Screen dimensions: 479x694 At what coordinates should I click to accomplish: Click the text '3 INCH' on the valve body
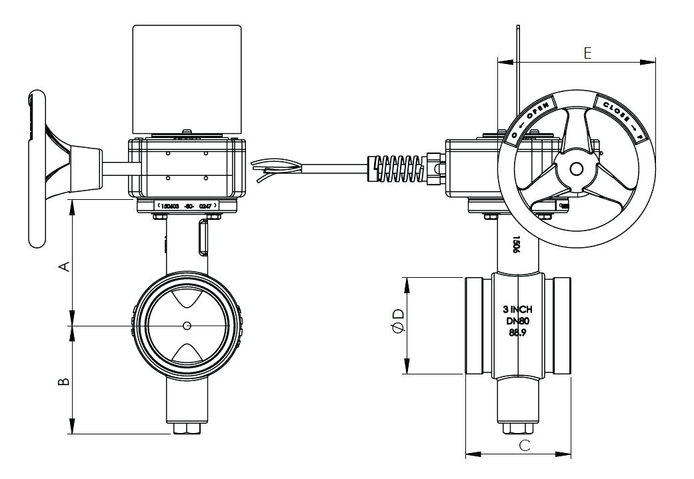[x=518, y=310]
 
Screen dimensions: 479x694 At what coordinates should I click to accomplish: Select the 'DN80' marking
[x=518, y=321]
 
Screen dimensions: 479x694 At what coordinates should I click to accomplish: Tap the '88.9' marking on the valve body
[x=518, y=332]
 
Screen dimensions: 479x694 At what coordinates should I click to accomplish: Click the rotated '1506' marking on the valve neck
[x=516, y=244]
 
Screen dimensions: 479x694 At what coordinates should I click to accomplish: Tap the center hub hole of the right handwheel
[x=576, y=169]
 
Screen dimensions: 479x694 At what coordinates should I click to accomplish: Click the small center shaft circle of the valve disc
[x=187, y=325]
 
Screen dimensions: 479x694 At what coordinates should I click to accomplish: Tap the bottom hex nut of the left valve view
[x=187, y=428]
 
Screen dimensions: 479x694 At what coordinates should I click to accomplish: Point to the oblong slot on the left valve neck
[x=202, y=239]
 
